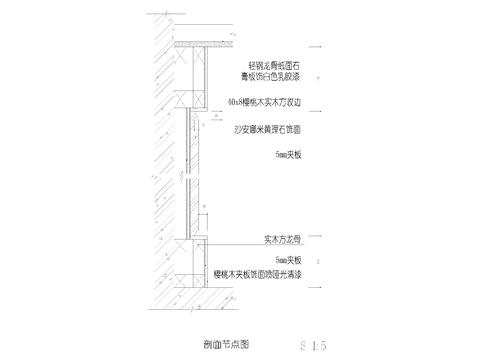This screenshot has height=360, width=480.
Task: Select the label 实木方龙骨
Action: tap(278, 239)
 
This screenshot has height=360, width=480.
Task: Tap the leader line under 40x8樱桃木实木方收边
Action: tap(255, 108)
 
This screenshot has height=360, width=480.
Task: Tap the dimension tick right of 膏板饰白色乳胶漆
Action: tap(318, 76)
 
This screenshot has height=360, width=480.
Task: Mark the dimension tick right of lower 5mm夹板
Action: tap(318, 259)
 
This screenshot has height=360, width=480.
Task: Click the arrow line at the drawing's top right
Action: tap(318, 47)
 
